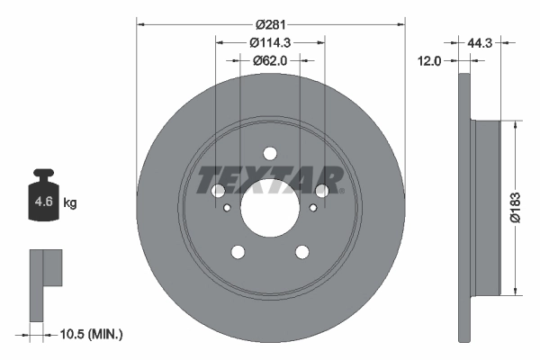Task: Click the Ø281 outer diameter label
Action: pos(270,22)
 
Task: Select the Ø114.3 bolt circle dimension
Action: pos(270,41)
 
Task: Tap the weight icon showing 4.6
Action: pos(44,200)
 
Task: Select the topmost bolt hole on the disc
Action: pos(270,152)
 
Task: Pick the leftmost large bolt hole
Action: pos(218,190)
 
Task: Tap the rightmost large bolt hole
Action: pos(322,190)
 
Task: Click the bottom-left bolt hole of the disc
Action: pos(238,252)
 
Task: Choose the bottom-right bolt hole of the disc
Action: pos(302,252)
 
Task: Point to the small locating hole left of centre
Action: pos(228,209)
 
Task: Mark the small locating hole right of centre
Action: pos(312,209)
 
